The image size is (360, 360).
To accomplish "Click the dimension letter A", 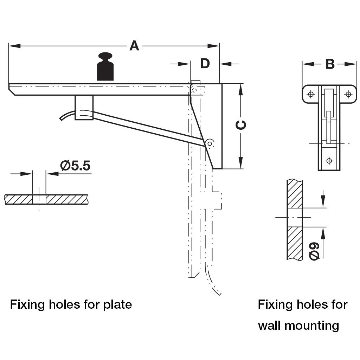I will (134, 46).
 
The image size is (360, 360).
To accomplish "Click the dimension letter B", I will (330, 64).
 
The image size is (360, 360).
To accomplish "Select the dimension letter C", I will (241, 125).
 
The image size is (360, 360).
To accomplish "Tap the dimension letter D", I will (205, 64).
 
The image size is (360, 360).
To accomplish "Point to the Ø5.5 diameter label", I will (75, 166).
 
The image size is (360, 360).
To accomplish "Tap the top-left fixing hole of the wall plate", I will (310, 94).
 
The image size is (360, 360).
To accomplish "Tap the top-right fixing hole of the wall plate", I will (348, 94).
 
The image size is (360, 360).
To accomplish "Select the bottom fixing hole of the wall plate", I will (329, 161).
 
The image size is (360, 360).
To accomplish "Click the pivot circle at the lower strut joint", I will (210, 143).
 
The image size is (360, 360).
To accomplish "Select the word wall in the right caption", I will (270, 325).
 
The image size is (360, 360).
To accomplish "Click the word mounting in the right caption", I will (312, 326).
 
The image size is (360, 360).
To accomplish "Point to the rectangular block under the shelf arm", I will (84, 107).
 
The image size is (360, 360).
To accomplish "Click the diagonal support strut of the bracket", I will (148, 127).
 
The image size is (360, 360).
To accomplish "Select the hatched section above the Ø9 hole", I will (295, 194).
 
